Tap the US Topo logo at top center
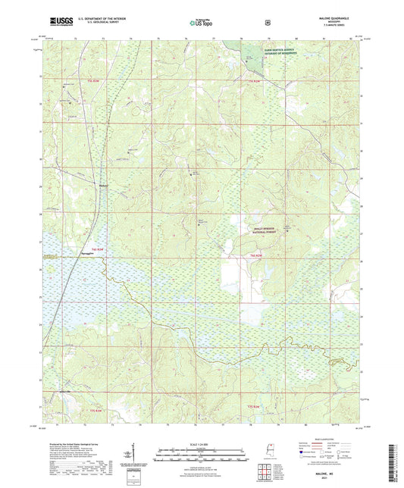click(200, 23)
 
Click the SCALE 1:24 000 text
click(202, 444)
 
